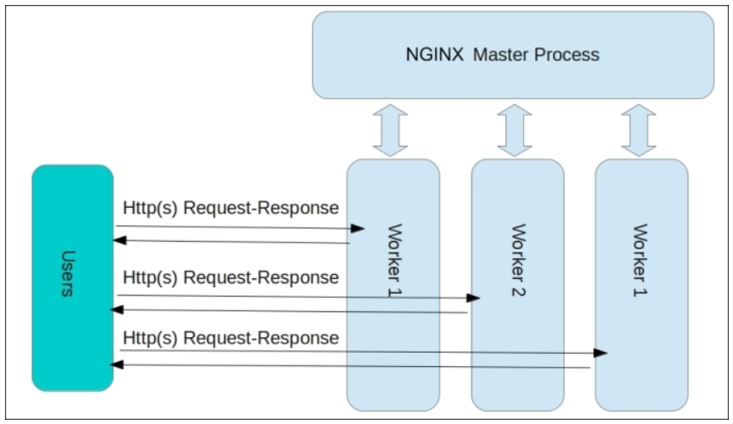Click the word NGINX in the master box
click(x=434, y=55)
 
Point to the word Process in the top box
click(x=567, y=55)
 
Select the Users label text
click(x=68, y=274)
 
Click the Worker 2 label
click(x=519, y=260)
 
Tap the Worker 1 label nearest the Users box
click(x=395, y=260)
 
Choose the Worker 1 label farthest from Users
click(x=640, y=260)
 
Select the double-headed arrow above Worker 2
click(x=515, y=130)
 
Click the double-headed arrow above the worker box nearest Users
click(x=390, y=130)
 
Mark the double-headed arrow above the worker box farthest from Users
click(x=639, y=130)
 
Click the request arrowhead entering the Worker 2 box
click(x=473, y=297)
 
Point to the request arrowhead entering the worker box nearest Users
click(x=357, y=229)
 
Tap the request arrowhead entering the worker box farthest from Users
click(x=601, y=353)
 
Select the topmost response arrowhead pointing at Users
click(x=120, y=240)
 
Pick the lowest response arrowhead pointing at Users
click(x=117, y=364)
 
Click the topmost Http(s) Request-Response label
click(x=231, y=208)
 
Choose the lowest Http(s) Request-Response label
click(x=231, y=339)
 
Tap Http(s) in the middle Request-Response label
click(x=150, y=278)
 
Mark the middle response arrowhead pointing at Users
click(x=117, y=310)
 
